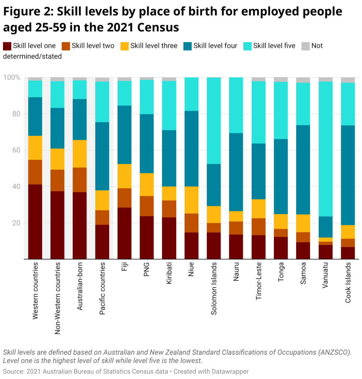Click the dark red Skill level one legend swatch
[x=7, y=46]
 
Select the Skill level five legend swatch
[x=248, y=46]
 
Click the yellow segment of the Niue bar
[x=192, y=200]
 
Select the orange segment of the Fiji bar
[x=125, y=198]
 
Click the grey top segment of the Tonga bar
[x=281, y=80]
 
